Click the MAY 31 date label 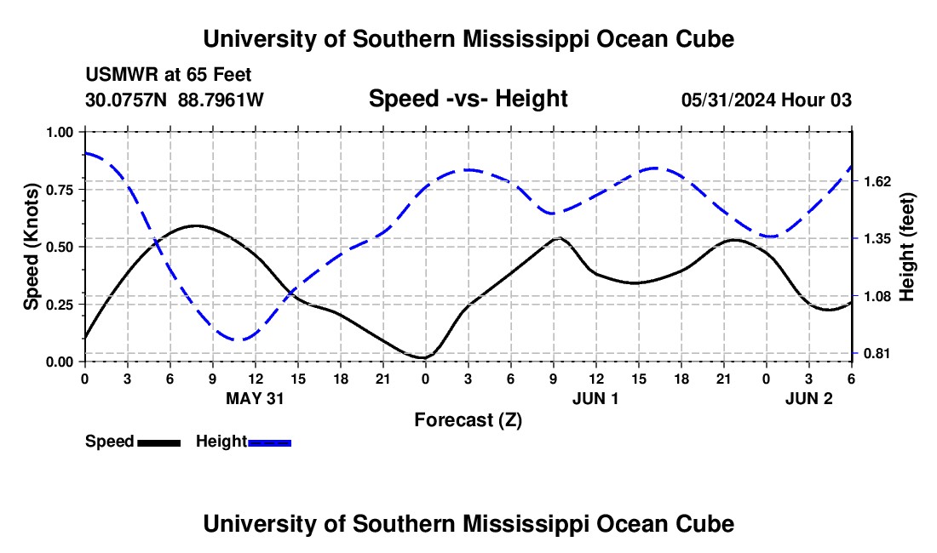tap(255, 398)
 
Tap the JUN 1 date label tap(595, 398)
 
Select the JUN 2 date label tap(808, 398)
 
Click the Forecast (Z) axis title tap(468, 419)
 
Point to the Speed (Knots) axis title tap(32, 247)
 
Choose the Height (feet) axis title tap(907, 247)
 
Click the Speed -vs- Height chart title tap(468, 99)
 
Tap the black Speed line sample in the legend tap(159, 442)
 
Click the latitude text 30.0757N tap(127, 100)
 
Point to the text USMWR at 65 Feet tap(168, 76)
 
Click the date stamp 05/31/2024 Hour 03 tap(766, 100)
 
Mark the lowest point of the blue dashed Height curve tap(242, 340)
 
